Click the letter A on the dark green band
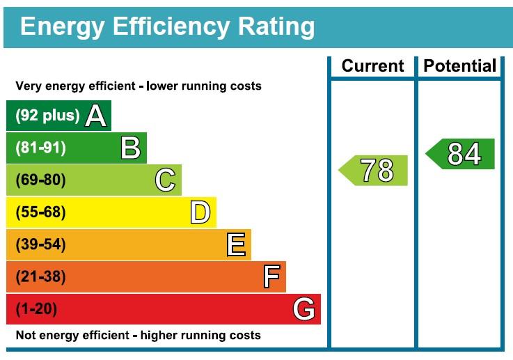pos(96,116)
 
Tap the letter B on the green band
pos(131,148)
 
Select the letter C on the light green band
pos(166,180)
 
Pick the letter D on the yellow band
pos(200,212)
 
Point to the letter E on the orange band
pos(236,244)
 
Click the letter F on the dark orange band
pos(271,277)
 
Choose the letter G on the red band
pos(304,308)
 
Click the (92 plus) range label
pos(47,116)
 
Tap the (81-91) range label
pos(40,148)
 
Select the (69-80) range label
pos(40,180)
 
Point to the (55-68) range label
pos(40,212)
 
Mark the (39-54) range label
pos(40,244)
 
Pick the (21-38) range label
pos(40,277)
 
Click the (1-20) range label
pos(36,308)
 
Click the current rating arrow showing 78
pos(374,171)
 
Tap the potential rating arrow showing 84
pos(461,154)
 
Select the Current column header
pos(372,66)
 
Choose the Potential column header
pos(460,66)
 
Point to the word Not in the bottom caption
pos(25,336)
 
